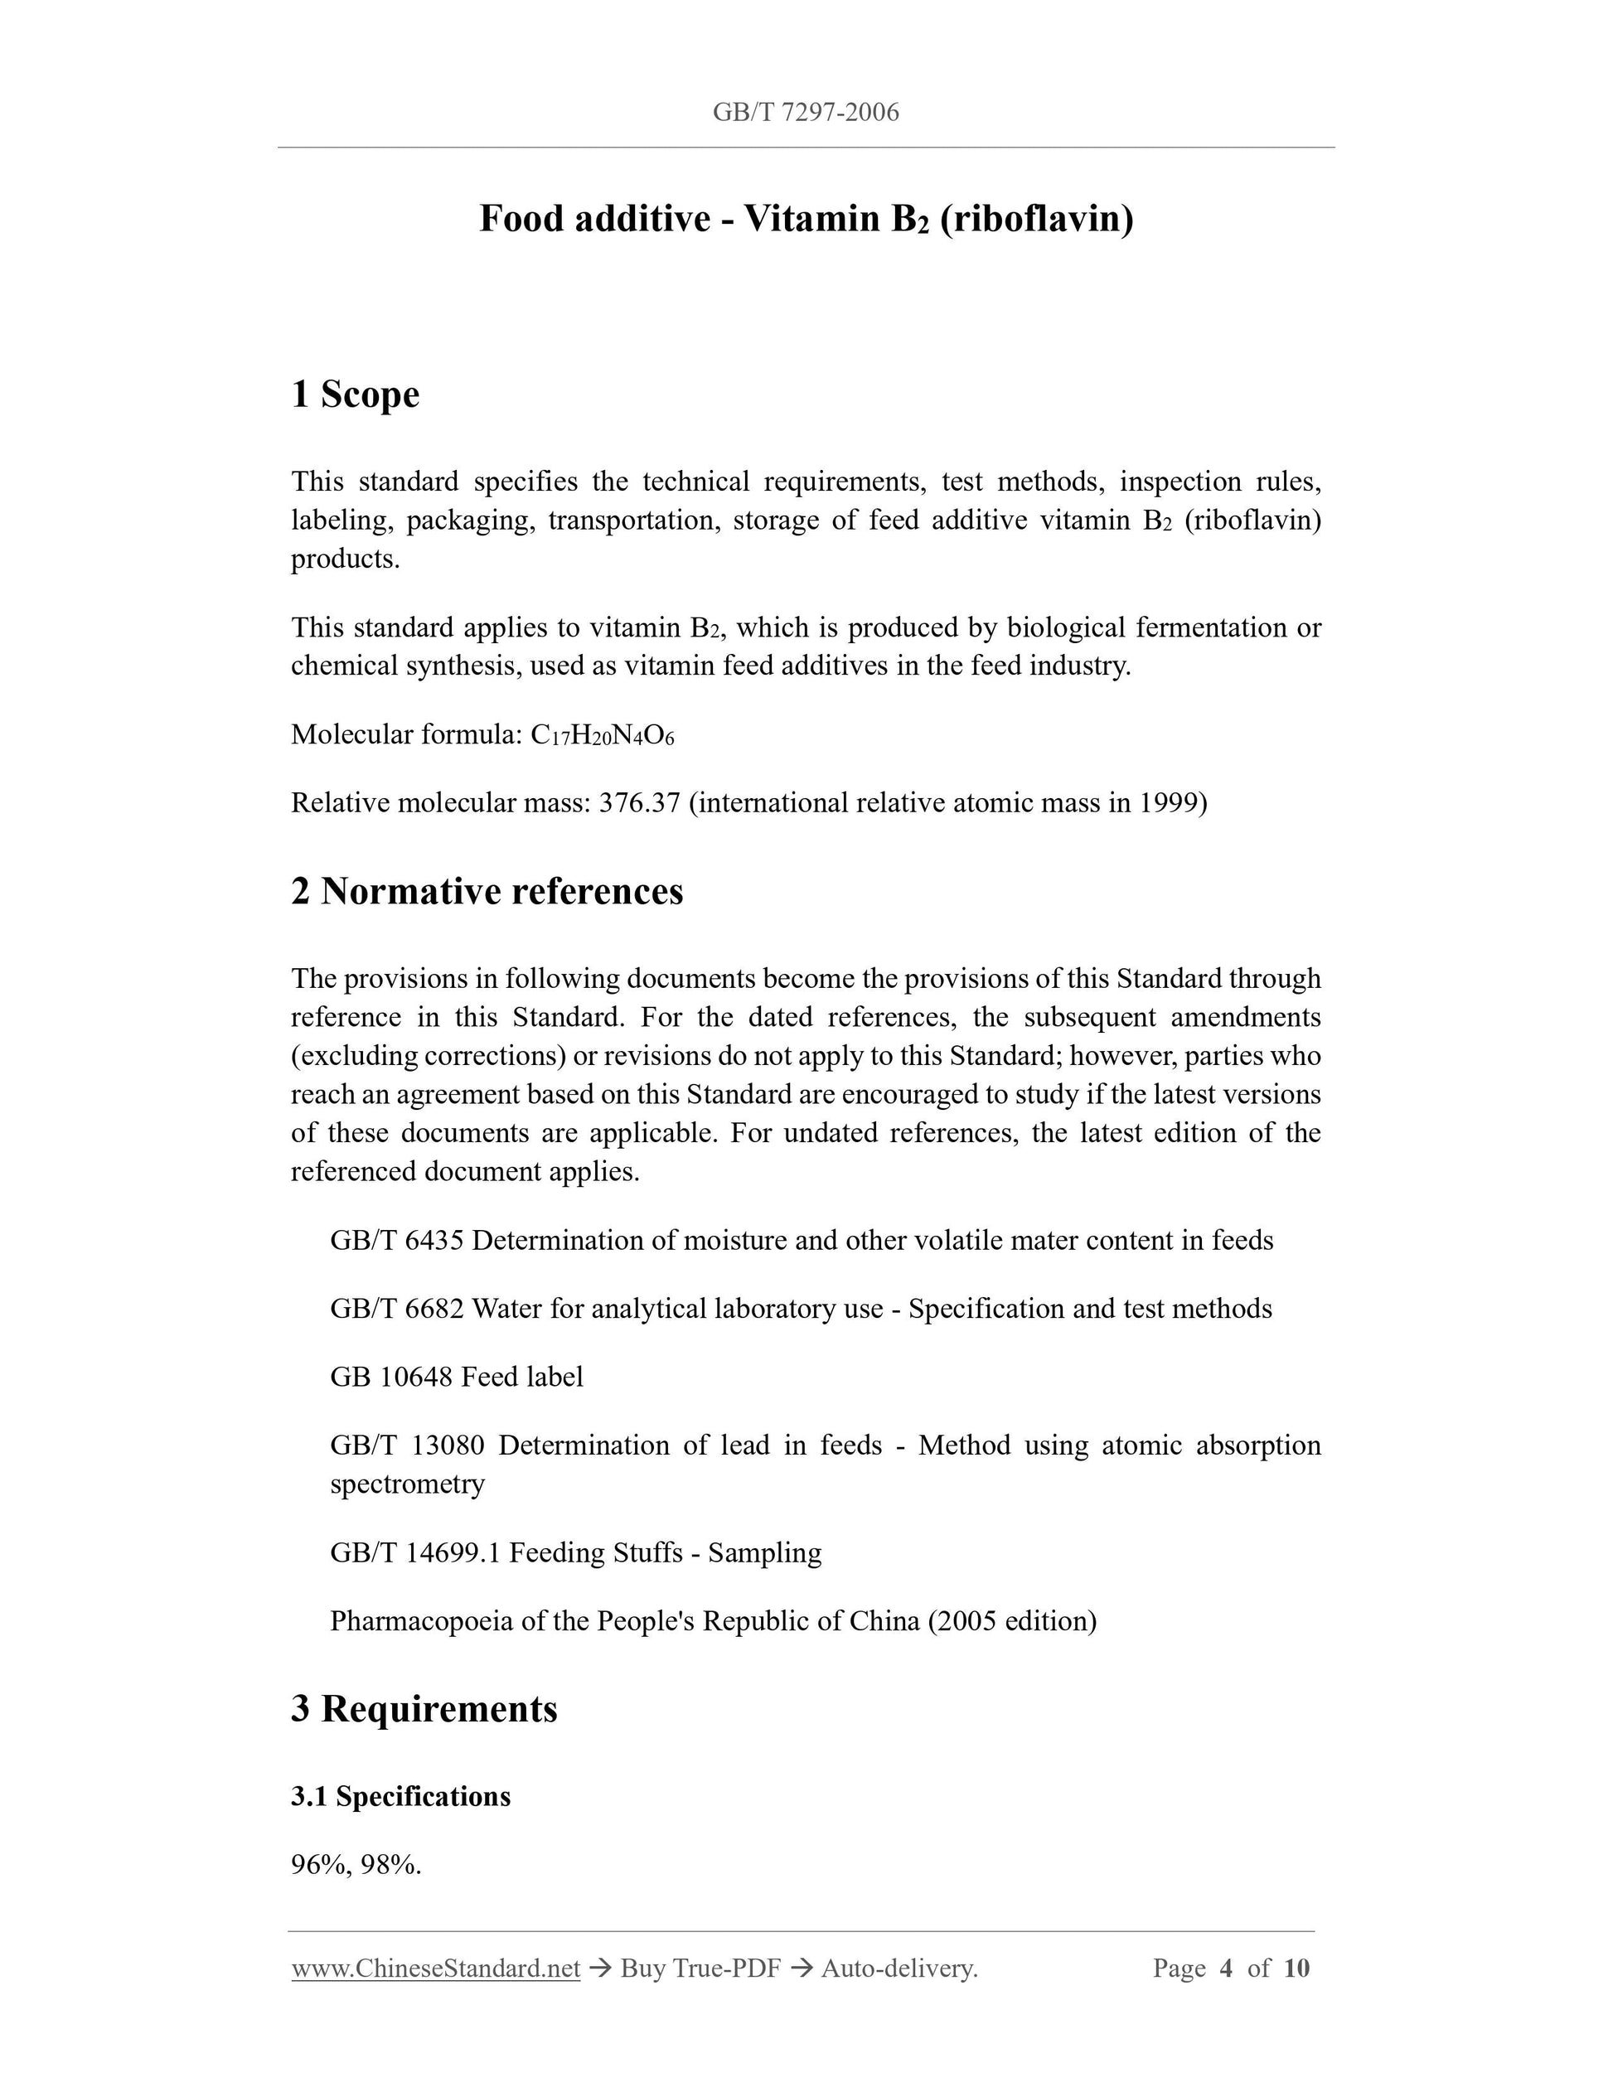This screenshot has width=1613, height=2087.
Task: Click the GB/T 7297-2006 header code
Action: [806, 113]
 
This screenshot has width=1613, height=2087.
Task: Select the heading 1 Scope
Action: [355, 394]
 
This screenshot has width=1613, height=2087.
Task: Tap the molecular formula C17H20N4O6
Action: [602, 735]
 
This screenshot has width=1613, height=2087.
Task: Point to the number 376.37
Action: [638, 802]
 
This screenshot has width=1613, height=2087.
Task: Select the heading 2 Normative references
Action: [487, 891]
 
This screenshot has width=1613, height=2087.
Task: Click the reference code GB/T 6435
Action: [396, 1241]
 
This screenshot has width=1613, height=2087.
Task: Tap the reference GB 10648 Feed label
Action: [456, 1377]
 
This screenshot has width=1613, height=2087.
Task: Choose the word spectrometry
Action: [407, 1484]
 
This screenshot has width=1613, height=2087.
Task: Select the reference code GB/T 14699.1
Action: [414, 1553]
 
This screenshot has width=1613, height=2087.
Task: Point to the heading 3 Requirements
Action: [424, 1708]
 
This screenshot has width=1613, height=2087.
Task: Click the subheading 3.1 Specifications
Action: [400, 1797]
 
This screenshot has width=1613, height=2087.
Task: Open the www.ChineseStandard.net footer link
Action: [436, 1968]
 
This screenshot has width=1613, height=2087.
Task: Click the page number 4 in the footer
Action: [1226, 1968]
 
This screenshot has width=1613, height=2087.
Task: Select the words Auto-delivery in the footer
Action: [899, 1968]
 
